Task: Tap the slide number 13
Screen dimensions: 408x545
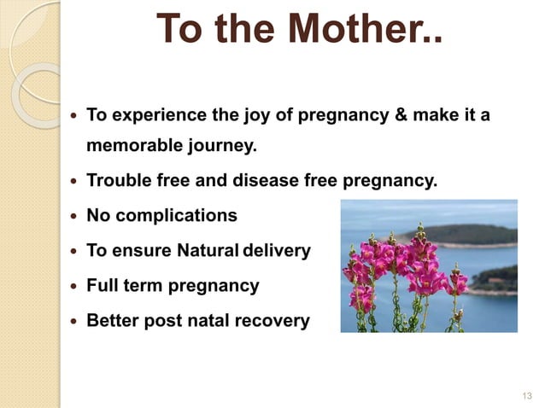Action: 524,395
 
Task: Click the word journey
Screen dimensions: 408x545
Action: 219,146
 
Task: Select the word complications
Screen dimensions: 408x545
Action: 176,215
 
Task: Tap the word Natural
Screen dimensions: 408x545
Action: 208,251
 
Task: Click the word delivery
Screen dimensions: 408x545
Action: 278,251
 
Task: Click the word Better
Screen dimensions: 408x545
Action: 113,321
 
